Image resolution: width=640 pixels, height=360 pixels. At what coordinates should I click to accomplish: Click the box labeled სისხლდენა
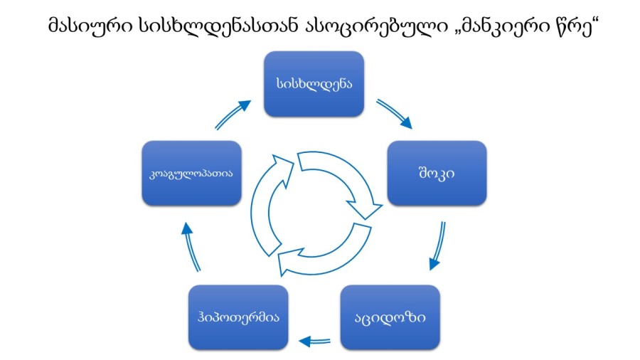314,84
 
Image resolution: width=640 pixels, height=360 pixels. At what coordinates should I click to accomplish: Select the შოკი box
437,173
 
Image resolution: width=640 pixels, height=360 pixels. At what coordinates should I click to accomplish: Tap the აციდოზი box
390,317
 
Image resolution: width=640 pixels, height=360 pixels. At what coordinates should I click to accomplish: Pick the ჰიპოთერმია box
238,317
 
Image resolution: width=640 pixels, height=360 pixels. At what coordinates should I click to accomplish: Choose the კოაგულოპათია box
191,173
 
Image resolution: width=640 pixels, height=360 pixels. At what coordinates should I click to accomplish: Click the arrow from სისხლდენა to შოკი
395,113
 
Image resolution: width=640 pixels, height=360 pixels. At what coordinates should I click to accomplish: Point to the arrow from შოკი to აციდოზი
437,245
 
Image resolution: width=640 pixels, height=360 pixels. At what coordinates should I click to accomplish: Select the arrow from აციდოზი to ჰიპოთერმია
315,341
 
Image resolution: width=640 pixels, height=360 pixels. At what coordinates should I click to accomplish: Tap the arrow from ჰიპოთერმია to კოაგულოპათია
191,247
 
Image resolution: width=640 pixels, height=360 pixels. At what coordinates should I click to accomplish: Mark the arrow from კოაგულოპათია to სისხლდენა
233,115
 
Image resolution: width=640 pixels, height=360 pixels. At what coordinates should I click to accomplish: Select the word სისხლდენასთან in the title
219,26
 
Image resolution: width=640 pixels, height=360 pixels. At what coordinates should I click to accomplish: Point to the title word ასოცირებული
376,26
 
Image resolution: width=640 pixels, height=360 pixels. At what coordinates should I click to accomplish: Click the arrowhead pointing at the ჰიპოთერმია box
304,342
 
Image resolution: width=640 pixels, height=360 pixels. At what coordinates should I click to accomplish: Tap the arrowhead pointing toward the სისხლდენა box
245,106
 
